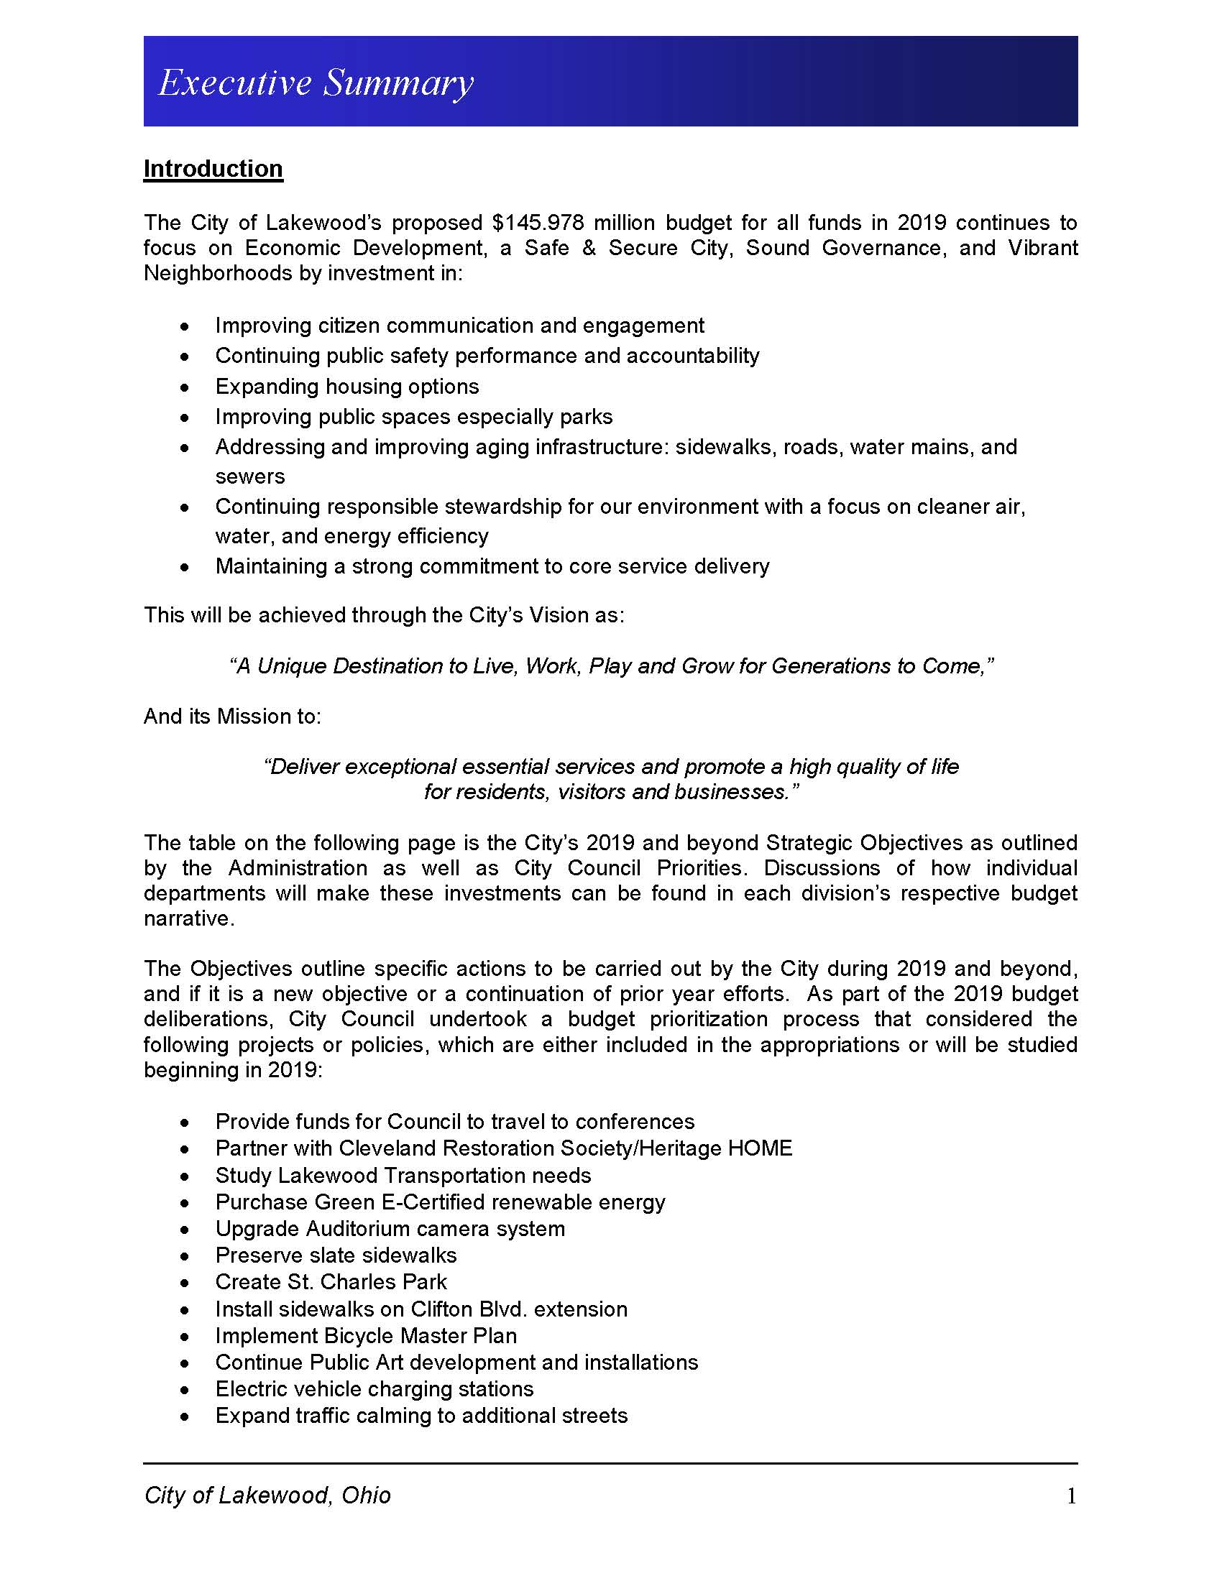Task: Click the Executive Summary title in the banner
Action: tap(316, 83)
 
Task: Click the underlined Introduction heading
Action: tap(213, 169)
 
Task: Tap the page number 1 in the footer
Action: tap(1072, 1496)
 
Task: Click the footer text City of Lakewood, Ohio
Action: tap(267, 1495)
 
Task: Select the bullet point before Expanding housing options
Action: tap(186, 387)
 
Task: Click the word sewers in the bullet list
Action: tap(249, 476)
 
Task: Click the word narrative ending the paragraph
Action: tap(187, 918)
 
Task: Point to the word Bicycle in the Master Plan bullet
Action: tap(355, 1336)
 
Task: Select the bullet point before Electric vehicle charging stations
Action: tap(186, 1390)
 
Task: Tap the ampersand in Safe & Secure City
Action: tap(589, 248)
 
